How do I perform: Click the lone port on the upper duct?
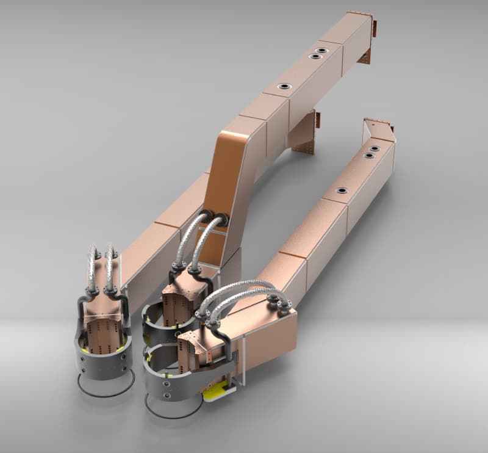point(284,87)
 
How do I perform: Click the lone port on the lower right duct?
point(341,190)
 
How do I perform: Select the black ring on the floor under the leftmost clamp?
point(106,388)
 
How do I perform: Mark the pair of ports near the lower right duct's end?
point(371,152)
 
